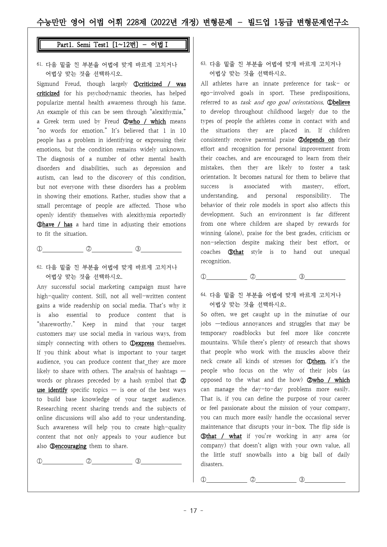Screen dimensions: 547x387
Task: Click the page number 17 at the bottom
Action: click(193, 511)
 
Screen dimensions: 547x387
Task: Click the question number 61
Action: click(39, 64)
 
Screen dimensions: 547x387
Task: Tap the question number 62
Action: click(39, 267)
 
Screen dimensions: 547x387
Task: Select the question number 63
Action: click(203, 64)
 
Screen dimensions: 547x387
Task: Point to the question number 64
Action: click(203, 294)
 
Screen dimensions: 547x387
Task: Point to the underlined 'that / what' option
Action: click(223, 436)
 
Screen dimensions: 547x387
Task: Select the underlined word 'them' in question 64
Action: click(318, 361)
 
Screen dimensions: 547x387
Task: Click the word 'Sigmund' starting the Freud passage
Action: click(48, 84)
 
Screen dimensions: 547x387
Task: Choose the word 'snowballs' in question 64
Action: click(258, 455)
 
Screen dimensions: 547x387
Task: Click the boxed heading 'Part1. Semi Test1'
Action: click(113, 45)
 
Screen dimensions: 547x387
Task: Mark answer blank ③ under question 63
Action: click(325, 277)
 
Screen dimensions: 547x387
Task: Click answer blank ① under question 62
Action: click(62, 461)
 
